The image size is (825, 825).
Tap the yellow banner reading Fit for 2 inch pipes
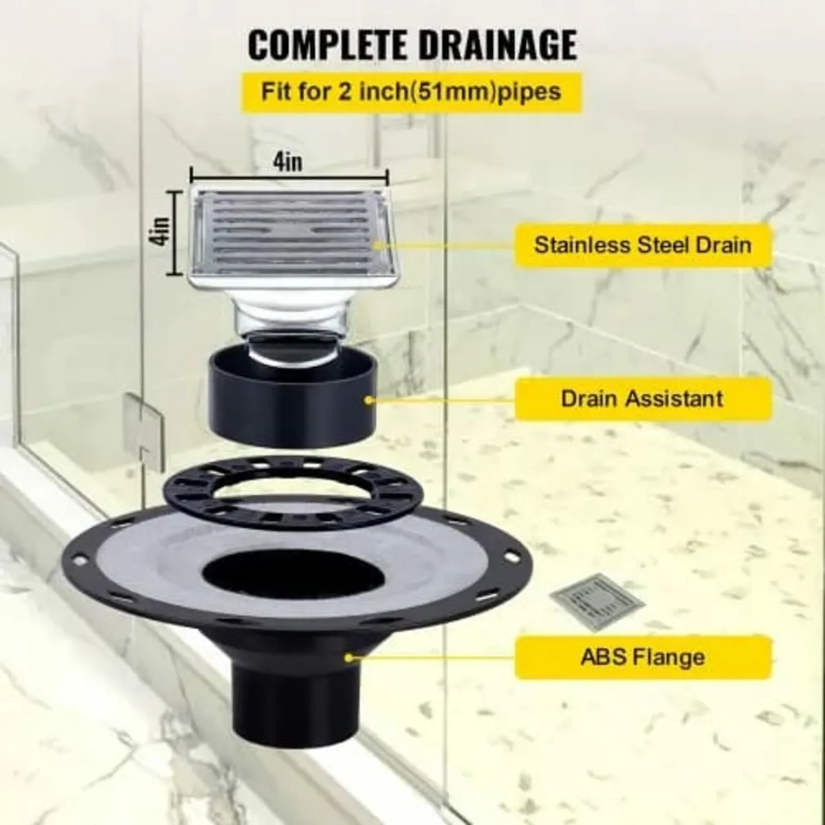point(410,92)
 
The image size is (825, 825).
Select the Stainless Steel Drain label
point(642,245)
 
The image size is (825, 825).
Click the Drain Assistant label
point(642,398)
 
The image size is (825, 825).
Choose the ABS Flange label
point(642,657)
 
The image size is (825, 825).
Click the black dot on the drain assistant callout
point(371,398)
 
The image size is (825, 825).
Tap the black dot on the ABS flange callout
point(349,657)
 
